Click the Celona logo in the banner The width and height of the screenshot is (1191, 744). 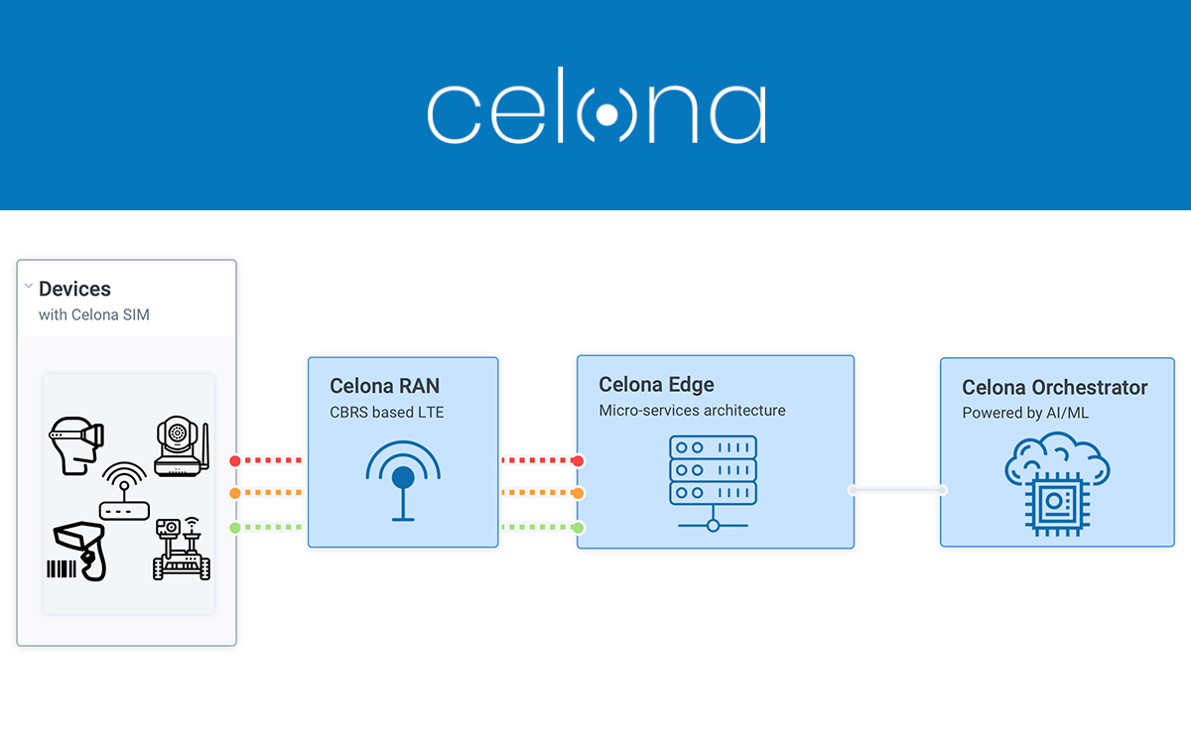[x=596, y=113]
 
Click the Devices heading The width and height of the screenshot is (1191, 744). [x=74, y=289]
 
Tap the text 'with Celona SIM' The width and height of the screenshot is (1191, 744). [x=93, y=314]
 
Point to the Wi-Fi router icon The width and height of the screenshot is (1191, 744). [x=124, y=494]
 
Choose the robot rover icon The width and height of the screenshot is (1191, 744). [x=181, y=548]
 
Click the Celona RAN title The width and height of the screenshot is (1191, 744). [x=384, y=386]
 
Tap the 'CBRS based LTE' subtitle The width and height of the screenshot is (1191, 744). [x=387, y=412]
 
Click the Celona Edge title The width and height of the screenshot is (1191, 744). [x=656, y=385]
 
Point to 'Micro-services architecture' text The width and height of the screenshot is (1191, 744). [x=692, y=411]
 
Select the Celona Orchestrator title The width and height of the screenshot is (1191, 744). [x=1054, y=387]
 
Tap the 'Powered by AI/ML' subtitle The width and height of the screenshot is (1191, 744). [x=1024, y=413]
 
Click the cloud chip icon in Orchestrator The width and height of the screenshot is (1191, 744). [x=1054, y=486]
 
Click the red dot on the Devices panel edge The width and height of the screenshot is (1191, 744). [x=235, y=460]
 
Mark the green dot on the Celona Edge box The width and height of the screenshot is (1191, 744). [x=578, y=527]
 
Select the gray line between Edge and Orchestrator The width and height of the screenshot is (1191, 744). [x=897, y=490]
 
